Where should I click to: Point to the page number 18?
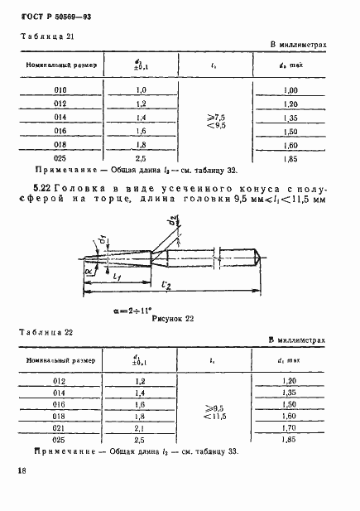point(19,470)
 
